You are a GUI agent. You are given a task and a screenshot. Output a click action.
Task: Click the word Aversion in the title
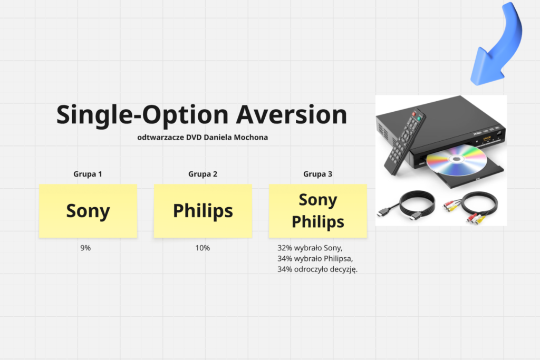[291, 114]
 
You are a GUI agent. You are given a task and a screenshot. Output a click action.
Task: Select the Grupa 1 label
[88, 174]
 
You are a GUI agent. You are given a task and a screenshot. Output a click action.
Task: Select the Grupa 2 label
[202, 174]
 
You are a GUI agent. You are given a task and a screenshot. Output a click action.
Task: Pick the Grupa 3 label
[317, 174]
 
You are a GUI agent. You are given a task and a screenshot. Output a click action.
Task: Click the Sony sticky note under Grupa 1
[88, 211]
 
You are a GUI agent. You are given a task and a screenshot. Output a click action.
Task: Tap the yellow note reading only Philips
[203, 211]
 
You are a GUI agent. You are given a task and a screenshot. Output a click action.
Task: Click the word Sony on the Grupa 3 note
[318, 200]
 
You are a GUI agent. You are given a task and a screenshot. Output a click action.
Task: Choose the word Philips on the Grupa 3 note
[318, 222]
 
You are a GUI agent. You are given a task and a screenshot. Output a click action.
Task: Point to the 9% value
[85, 248]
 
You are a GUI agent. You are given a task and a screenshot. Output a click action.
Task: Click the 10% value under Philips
[202, 248]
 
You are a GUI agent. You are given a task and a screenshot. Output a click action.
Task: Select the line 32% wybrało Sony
[310, 248]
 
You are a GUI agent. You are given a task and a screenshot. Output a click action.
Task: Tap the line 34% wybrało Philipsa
[315, 258]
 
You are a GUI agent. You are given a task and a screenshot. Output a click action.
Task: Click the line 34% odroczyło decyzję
[317, 269]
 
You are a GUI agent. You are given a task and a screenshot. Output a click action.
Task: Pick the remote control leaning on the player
[405, 142]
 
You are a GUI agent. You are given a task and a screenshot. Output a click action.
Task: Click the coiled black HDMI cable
[408, 206]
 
